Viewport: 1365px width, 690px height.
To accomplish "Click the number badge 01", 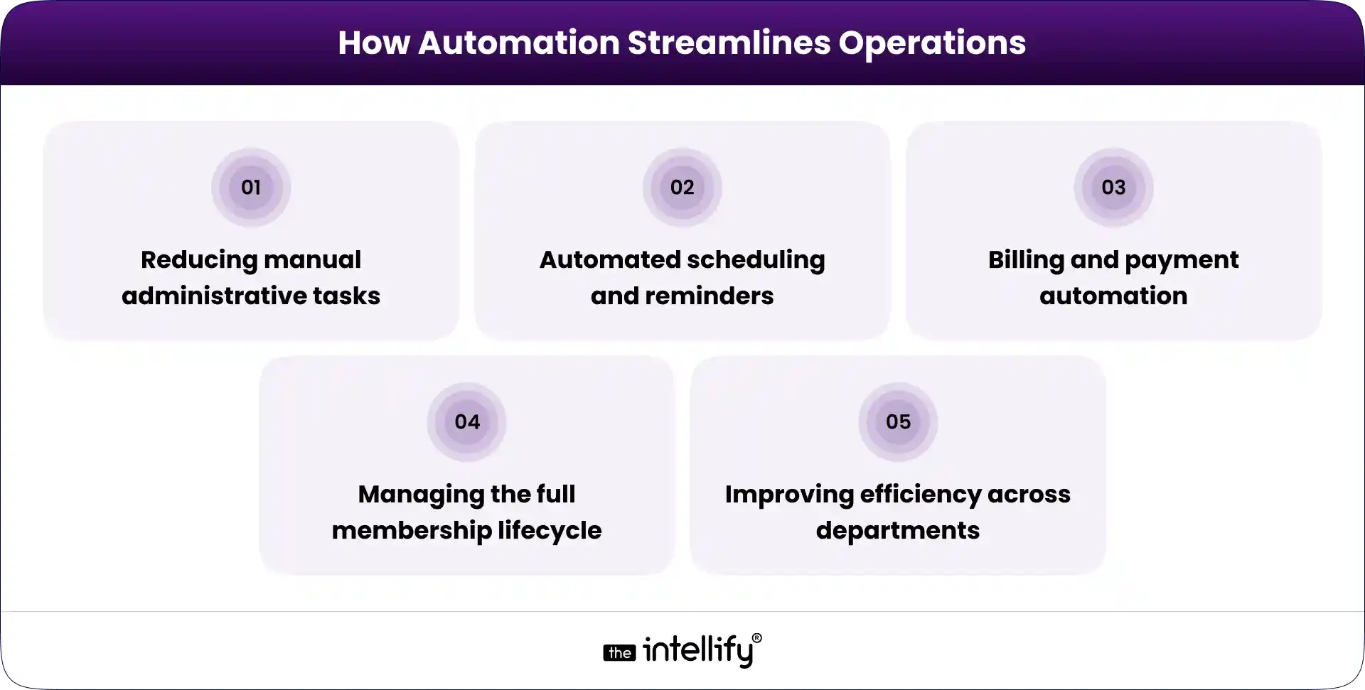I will [x=251, y=188].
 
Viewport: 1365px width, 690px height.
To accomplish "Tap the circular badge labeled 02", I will [x=682, y=188].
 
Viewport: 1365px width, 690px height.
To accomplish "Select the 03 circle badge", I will [x=1113, y=188].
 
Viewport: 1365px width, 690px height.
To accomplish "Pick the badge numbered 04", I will [x=467, y=422].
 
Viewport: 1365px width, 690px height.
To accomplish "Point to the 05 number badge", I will [x=898, y=422].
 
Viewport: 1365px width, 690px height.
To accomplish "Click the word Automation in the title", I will [x=518, y=43].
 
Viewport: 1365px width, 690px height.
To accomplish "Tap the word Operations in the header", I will [x=931, y=43].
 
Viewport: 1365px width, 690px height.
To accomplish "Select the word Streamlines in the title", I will [x=728, y=43].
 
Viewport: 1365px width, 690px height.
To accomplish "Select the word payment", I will [x=1182, y=260].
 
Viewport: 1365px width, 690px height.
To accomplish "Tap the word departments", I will [x=898, y=530].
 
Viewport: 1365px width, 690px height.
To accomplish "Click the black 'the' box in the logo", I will [x=619, y=653].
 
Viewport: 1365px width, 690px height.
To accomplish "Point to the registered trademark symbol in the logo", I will [x=756, y=638].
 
